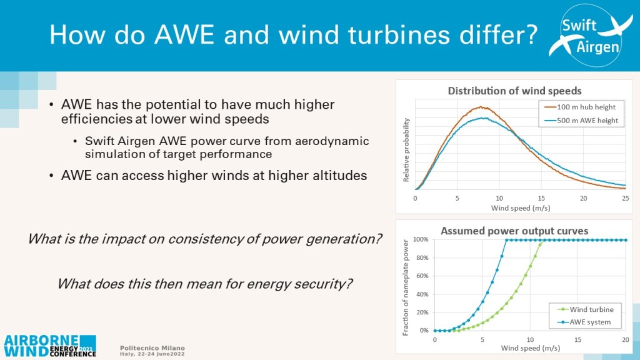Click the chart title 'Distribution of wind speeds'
click(x=515, y=91)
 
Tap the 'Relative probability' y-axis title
click(x=407, y=152)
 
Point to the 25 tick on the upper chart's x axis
click(x=625, y=198)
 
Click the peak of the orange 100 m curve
click(x=481, y=107)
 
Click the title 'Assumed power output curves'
click(x=514, y=231)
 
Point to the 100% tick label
click(x=420, y=240)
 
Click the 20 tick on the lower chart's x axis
click(x=625, y=339)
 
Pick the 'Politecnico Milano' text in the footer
click(x=152, y=347)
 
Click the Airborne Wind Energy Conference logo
click(x=50, y=345)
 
